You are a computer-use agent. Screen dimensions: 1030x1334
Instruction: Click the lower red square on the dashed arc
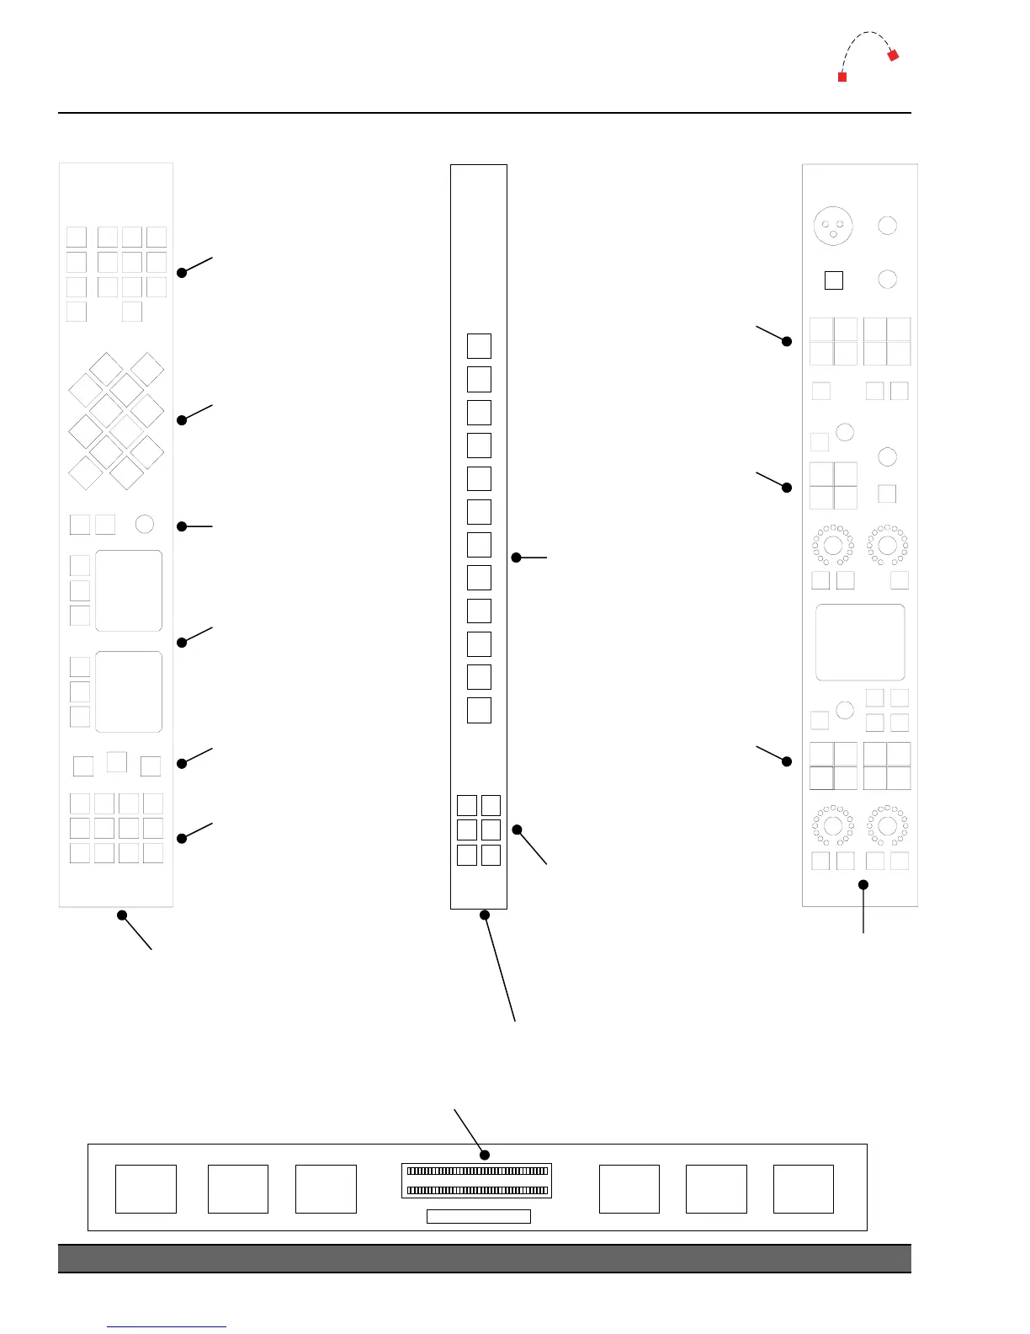coord(842,77)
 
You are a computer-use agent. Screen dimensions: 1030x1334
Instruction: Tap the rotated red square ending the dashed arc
coord(894,56)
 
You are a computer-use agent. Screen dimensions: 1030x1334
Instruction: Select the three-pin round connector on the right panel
coord(833,226)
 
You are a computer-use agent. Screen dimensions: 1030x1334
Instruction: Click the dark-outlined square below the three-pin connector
coord(834,280)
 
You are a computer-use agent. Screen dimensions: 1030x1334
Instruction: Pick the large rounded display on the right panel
coord(860,642)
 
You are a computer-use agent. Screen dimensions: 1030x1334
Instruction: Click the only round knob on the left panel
coord(145,524)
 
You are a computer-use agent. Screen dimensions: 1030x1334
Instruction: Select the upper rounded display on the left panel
coord(129,590)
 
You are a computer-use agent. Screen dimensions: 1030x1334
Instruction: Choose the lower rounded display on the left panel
coord(129,691)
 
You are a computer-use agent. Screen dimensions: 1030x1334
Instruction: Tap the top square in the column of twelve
coord(479,346)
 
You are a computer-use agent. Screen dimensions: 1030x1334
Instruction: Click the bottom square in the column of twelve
coord(479,710)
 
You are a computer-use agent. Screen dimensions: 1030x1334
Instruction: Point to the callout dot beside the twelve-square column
coord(517,558)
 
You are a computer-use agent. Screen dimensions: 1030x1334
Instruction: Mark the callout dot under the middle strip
coord(485,915)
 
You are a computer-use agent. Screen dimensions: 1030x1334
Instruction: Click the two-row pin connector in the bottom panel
coord(477,1181)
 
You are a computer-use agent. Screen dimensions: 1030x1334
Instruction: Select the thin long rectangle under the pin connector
coord(479,1216)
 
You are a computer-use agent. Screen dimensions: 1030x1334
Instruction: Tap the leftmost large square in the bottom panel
coord(146,1189)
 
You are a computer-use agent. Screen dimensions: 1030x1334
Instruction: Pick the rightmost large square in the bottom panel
coord(804,1189)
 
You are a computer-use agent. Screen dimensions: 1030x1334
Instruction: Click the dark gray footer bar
coord(485,1258)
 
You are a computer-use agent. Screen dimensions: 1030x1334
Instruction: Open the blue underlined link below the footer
coord(167,1326)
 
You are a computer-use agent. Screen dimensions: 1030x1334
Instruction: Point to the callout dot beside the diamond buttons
coord(182,420)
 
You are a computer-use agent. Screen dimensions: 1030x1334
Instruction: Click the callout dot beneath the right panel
coord(863,884)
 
